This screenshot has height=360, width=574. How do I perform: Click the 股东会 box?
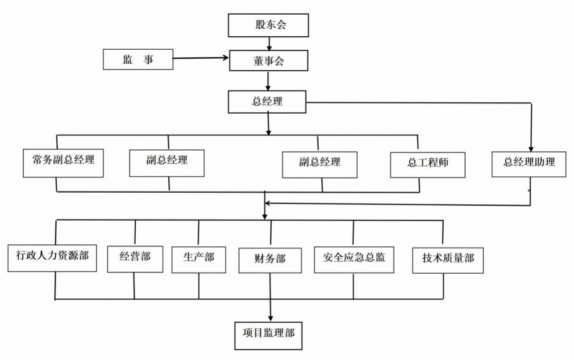[x=269, y=26]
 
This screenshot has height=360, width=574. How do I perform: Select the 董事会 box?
[x=269, y=61]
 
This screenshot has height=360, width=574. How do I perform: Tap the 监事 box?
[x=138, y=59]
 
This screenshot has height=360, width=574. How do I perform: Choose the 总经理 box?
[x=267, y=102]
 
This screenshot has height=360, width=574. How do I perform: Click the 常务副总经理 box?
[x=63, y=163]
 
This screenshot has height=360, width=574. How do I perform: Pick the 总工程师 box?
[x=427, y=165]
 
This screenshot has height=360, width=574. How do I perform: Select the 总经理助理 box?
[x=529, y=165]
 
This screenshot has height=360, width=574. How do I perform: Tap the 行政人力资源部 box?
[x=52, y=258]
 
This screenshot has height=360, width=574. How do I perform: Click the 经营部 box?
[x=135, y=259]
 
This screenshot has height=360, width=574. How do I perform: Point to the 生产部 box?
[x=199, y=260]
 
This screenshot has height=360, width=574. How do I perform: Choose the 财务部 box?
[x=270, y=260]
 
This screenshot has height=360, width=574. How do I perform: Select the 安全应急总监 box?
[x=354, y=260]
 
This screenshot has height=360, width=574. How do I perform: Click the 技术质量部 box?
[x=448, y=260]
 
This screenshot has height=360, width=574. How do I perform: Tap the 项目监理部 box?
[x=269, y=336]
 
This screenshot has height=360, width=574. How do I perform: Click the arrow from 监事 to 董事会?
[x=201, y=58]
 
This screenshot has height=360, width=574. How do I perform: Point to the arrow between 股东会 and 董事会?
[x=269, y=43]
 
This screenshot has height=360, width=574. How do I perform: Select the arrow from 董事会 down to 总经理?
[x=268, y=81]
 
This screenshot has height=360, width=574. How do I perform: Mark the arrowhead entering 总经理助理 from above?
[x=531, y=149]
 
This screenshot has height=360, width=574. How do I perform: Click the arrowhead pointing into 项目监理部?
[x=270, y=318]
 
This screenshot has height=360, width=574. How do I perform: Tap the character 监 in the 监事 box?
[x=128, y=59]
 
